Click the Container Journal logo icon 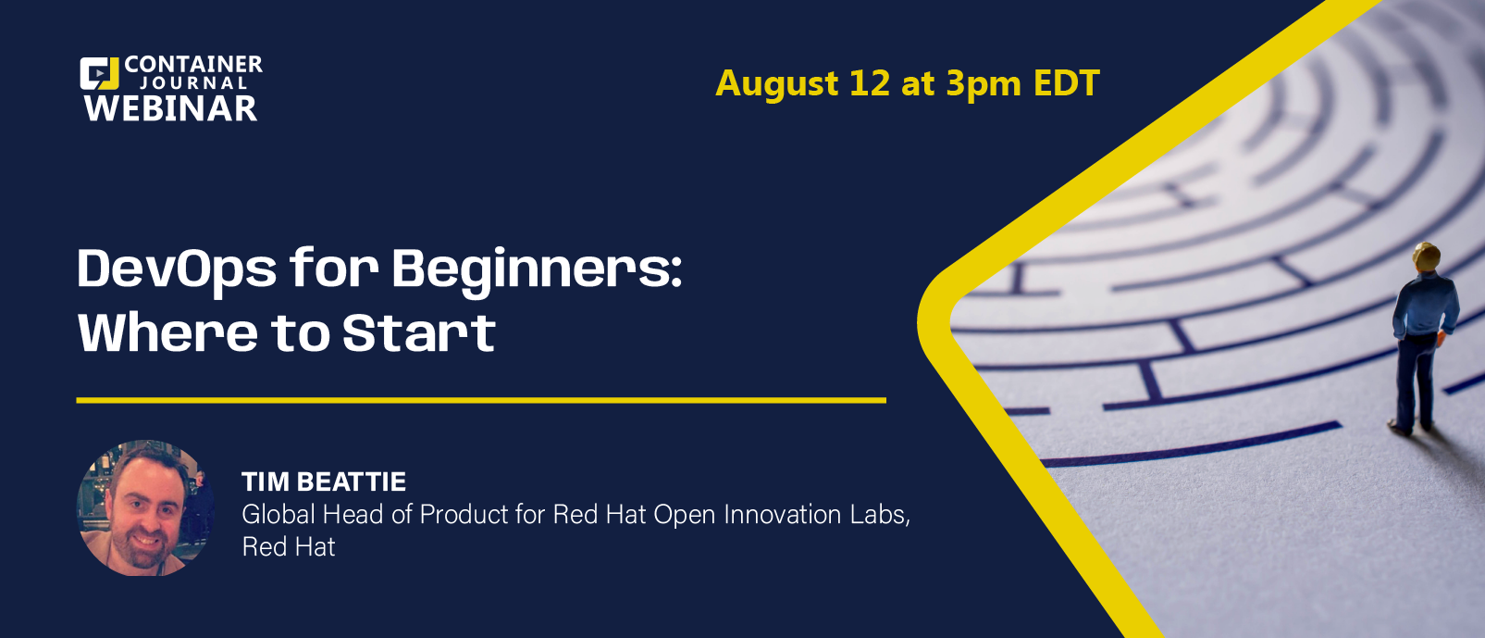click(x=99, y=73)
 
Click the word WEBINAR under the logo click(x=170, y=108)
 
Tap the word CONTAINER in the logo click(x=193, y=64)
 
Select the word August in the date click(x=777, y=84)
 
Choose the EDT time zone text click(x=1067, y=83)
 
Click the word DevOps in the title click(x=177, y=269)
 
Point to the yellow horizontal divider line click(x=481, y=400)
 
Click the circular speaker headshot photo click(x=146, y=508)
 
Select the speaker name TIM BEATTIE click(x=324, y=482)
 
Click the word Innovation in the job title click(x=782, y=515)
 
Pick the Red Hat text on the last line click(x=289, y=547)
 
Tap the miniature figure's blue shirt click(x=1426, y=305)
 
